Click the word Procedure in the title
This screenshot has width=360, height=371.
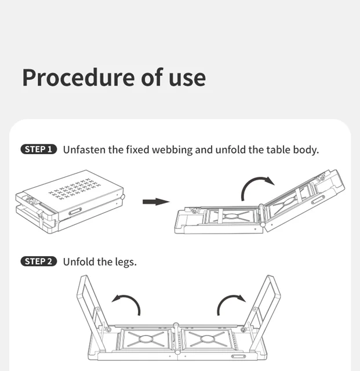[79, 78]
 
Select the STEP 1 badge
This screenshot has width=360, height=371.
[39, 150]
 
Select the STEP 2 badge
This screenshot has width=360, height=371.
[39, 261]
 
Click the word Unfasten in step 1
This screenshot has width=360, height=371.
[84, 150]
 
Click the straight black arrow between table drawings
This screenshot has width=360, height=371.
[156, 202]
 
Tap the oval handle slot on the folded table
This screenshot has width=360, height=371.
[75, 211]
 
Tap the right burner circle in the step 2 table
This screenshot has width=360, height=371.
[207, 339]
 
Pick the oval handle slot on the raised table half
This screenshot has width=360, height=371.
[318, 199]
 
